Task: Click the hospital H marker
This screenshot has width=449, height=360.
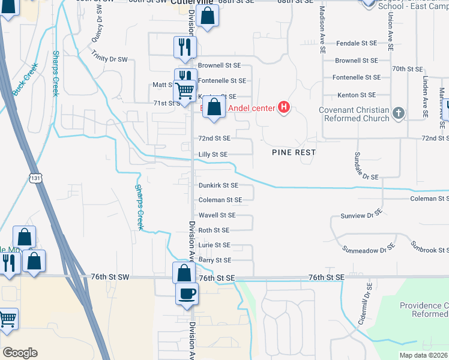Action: [x=285, y=108]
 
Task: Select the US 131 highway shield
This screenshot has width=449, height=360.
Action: [x=35, y=177]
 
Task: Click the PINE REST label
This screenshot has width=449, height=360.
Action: [x=294, y=152]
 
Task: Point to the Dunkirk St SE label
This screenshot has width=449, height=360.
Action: [x=218, y=186]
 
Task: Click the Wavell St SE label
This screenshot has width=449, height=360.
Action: [x=217, y=215]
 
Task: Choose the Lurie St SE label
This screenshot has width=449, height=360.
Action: [x=214, y=245]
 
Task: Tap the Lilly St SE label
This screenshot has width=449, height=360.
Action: [x=213, y=154]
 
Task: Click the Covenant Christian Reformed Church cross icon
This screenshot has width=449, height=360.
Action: [x=397, y=112]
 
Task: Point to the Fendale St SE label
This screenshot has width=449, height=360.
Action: [x=356, y=44]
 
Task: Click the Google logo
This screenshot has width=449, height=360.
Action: [x=20, y=353]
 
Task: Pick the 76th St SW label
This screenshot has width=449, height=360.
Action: [x=110, y=277]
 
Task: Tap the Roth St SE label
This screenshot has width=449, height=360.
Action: [x=214, y=230]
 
